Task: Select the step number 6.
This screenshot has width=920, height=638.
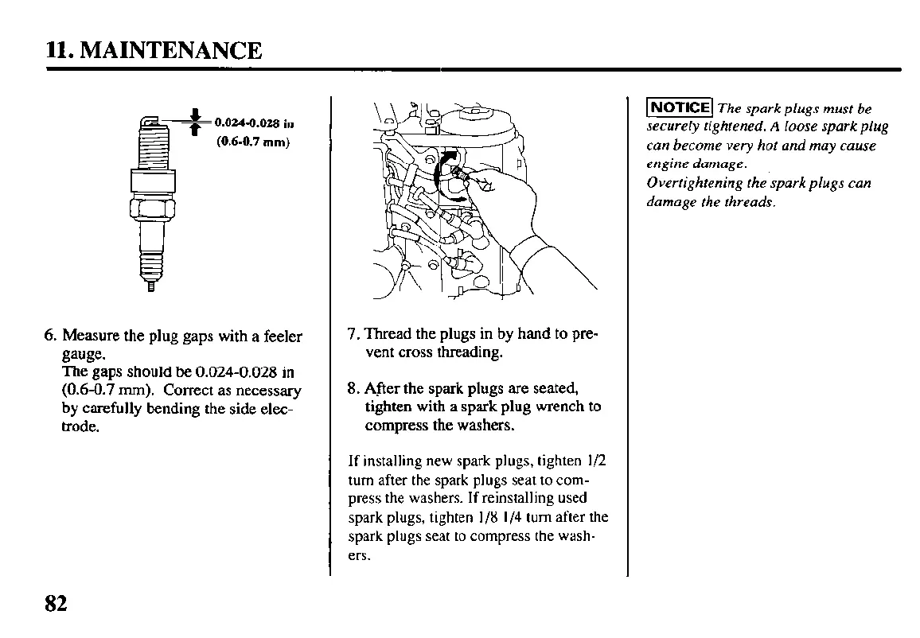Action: (x=49, y=336)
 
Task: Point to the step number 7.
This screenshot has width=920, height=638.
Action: (x=353, y=333)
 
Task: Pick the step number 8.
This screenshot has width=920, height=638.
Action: (x=353, y=389)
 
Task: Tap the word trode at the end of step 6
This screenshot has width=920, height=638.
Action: (x=80, y=427)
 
